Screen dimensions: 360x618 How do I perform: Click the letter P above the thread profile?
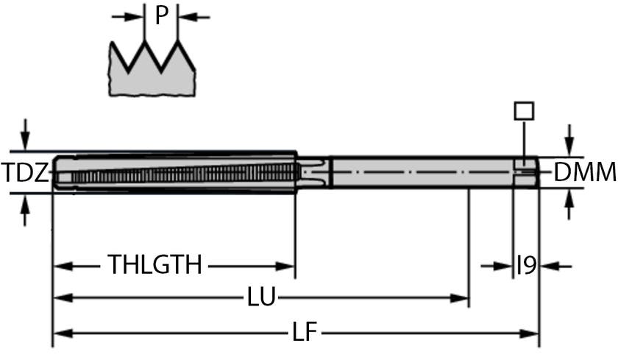pos(162,15)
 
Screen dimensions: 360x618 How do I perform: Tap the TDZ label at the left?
pos(25,174)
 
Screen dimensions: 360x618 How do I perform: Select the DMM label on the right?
pos(584,173)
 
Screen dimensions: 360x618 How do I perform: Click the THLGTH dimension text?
pos(154,264)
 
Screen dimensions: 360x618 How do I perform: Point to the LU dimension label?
pos(261,298)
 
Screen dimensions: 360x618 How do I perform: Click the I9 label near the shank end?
pos(526,265)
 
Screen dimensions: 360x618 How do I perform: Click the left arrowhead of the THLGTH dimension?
pos(61,265)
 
